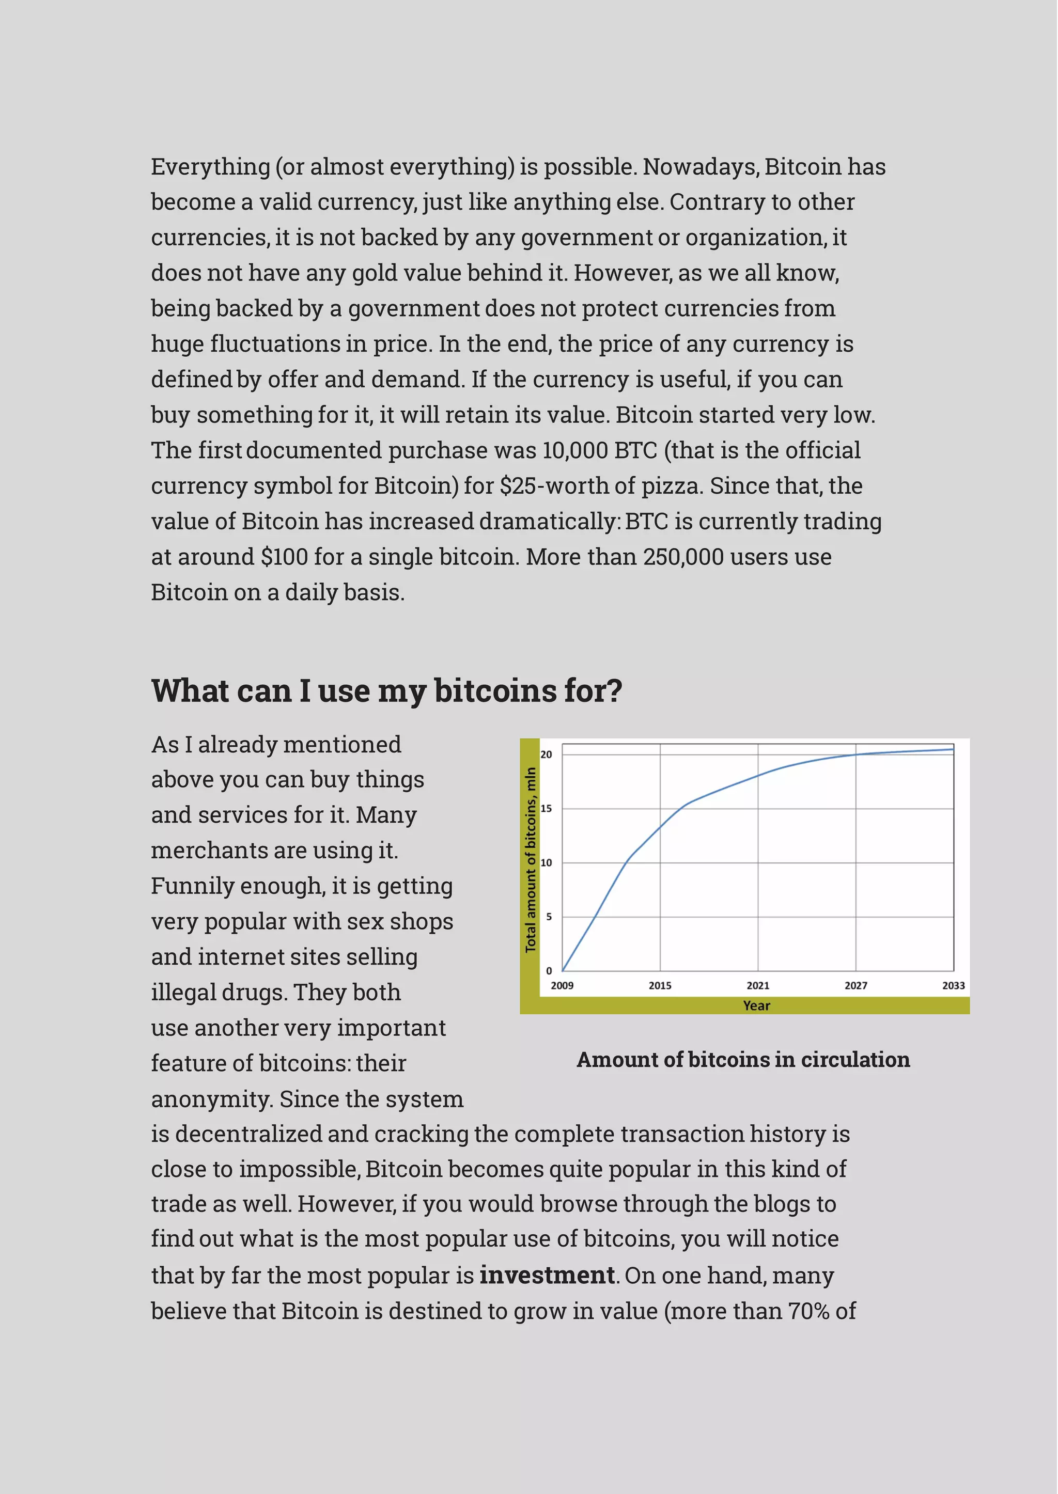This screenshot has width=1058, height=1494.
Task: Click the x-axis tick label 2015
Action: click(659, 985)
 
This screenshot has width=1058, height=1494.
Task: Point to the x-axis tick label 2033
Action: click(953, 985)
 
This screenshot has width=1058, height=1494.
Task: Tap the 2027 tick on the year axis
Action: click(855, 985)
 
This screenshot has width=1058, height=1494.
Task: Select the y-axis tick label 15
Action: click(546, 809)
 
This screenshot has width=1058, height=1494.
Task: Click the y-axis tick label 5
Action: click(549, 917)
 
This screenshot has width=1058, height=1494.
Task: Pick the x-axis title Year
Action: click(756, 1005)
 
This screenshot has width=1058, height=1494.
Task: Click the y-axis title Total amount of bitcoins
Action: click(531, 860)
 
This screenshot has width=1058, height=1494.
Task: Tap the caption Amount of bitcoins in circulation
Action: click(743, 1060)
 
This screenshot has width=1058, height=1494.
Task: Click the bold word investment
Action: click(547, 1275)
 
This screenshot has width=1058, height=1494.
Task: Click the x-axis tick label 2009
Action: click(562, 985)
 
